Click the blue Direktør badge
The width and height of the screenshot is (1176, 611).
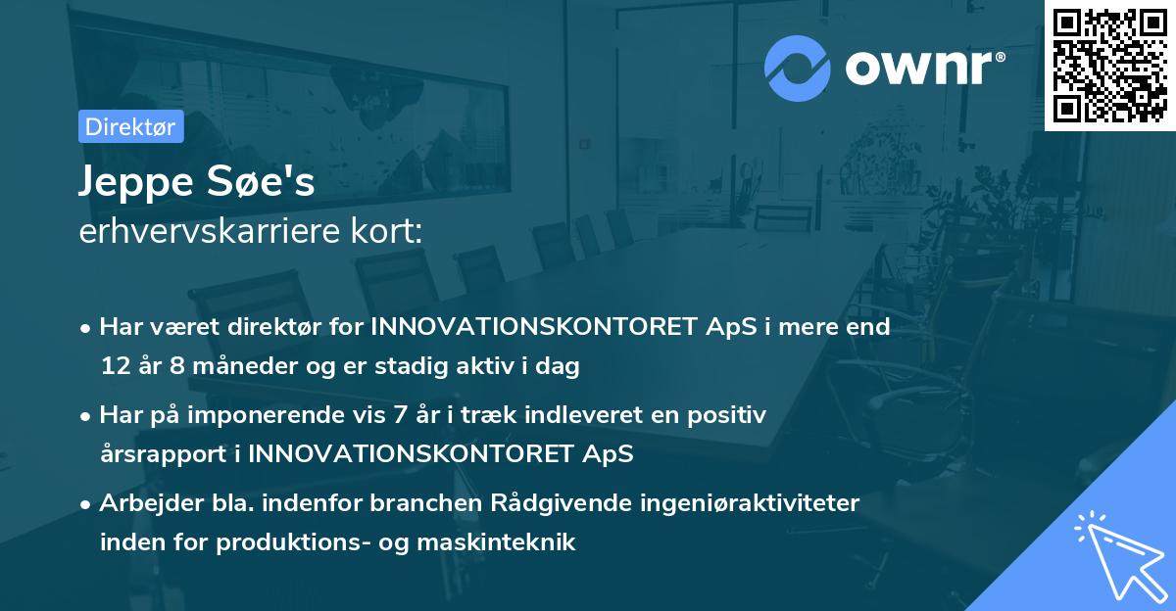point(131,126)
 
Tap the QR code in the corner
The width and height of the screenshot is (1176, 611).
point(1109,66)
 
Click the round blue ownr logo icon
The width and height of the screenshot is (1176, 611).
point(798,69)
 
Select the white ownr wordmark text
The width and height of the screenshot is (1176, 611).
point(919,68)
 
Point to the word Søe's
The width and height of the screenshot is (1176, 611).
point(261,179)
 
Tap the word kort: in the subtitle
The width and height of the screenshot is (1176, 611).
point(387,230)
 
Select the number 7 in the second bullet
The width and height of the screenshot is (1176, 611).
point(400,414)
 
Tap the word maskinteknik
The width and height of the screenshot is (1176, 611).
point(496,541)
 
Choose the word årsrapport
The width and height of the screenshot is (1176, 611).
point(164,454)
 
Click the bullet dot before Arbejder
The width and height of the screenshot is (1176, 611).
point(85,505)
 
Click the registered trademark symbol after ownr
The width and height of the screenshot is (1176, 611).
point(1000,57)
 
